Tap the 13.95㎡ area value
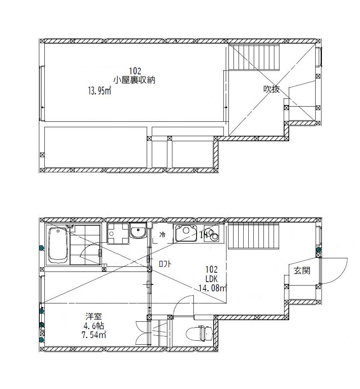click(x=100, y=91)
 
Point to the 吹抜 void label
click(x=271, y=89)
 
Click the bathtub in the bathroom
click(x=58, y=245)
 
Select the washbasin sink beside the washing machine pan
click(x=137, y=232)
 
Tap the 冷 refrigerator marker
click(x=163, y=235)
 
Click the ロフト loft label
click(x=165, y=264)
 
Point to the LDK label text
click(x=211, y=279)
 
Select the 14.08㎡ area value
click(x=212, y=288)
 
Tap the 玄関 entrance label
click(x=301, y=271)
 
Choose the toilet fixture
click(x=198, y=333)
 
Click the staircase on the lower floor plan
click(x=253, y=236)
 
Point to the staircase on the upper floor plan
click(x=253, y=57)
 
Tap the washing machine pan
click(x=118, y=233)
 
